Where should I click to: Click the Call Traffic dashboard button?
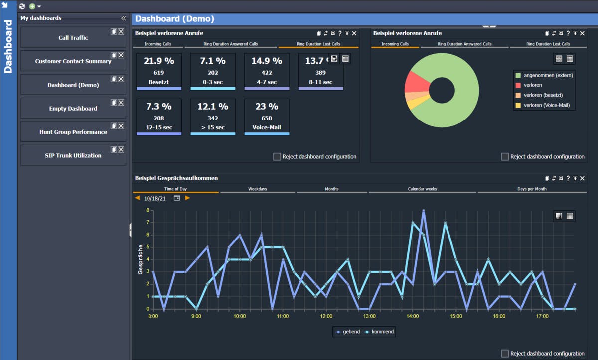[x=73, y=38]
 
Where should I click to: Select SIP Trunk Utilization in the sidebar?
[x=73, y=156]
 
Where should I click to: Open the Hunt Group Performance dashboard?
[x=73, y=132]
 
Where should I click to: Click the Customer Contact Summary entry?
[x=73, y=61]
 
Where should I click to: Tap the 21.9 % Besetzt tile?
[x=159, y=71]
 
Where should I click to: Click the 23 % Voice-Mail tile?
[x=267, y=117]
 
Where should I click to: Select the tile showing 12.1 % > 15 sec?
[x=213, y=117]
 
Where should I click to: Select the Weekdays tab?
[x=258, y=189]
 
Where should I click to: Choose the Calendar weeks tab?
[x=423, y=189]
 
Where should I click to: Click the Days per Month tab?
[x=531, y=189]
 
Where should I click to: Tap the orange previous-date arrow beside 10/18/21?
[x=137, y=198]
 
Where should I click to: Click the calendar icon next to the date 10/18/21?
[x=177, y=198]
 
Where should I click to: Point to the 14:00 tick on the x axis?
[x=413, y=316]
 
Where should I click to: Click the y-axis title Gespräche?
[x=141, y=259]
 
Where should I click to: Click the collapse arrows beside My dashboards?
[x=123, y=18]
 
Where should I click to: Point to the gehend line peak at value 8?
[x=424, y=211]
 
